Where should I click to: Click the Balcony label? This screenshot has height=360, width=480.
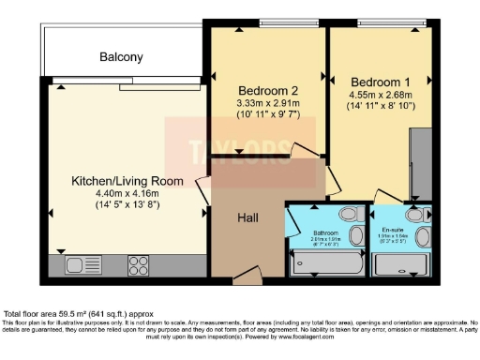[122, 57]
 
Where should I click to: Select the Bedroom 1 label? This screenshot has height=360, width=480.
[376, 81]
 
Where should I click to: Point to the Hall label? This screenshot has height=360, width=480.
[248, 217]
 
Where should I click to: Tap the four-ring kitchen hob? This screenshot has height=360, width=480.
[139, 264]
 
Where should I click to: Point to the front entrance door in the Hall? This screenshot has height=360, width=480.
[246, 277]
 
